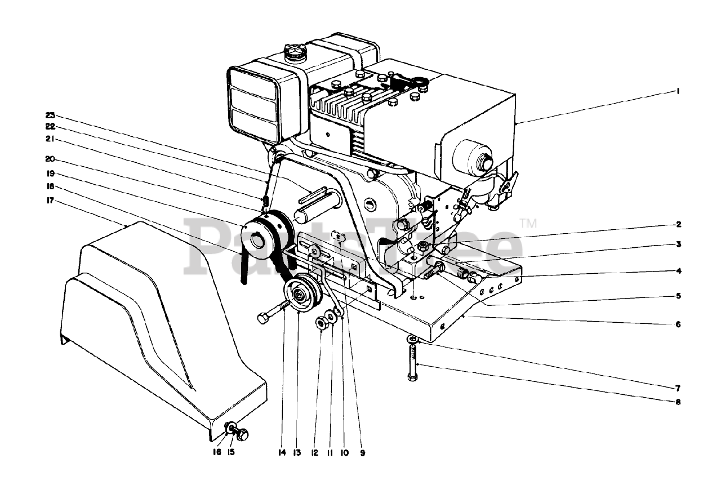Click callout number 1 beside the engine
tap(678, 91)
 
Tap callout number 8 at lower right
tap(678, 402)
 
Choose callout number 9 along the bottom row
tap(362, 452)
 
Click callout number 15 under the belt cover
tap(231, 452)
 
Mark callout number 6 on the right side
tap(678, 324)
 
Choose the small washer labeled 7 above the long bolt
tap(414, 340)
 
